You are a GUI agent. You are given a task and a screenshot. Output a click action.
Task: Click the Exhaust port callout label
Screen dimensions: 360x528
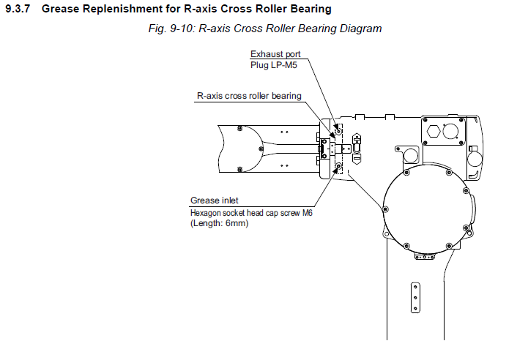275,54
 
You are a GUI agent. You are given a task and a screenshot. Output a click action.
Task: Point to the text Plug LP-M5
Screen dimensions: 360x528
274,64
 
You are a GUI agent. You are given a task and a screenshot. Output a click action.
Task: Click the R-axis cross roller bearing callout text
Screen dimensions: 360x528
249,96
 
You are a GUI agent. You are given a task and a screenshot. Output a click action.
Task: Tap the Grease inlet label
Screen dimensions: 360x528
214,200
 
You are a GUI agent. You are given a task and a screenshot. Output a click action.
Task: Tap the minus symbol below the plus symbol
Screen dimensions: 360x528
357,156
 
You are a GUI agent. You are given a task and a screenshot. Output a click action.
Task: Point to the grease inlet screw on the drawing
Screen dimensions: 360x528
338,169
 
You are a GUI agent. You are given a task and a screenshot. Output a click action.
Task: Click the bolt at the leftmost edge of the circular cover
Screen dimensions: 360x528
384,209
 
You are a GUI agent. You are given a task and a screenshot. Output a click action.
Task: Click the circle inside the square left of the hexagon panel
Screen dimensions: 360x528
409,156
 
